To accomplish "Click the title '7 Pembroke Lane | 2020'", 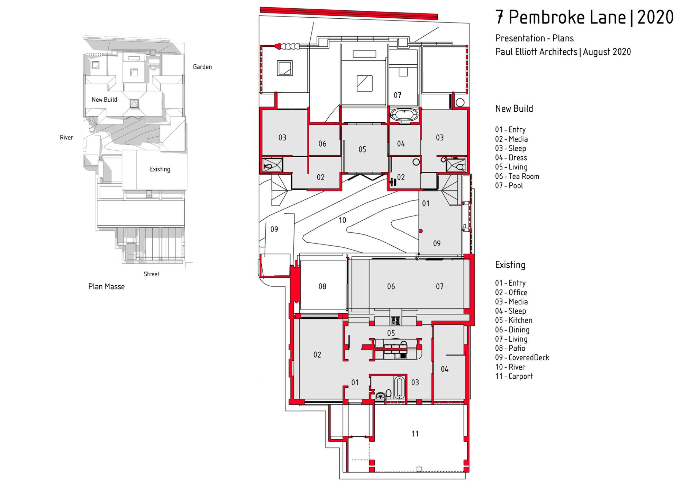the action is coord(584,17).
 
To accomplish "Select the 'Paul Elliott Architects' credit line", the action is coord(536,52).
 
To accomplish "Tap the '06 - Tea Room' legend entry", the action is coord(517,176).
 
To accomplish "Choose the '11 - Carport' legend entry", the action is coord(514,376).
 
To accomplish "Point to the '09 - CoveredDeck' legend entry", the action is coord(522,358).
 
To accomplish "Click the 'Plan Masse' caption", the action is coord(106,287).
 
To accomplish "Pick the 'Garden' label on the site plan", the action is coord(202,67).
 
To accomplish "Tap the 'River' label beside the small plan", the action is coord(66,138).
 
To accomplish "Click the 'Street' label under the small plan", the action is coord(152,274).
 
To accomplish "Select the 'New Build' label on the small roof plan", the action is coord(104,100).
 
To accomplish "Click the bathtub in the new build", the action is coord(404,115).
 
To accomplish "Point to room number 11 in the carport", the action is coord(415,434).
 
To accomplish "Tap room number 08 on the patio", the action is coord(322,286).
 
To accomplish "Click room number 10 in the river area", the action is coord(342,220).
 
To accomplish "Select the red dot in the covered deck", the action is coord(421,231).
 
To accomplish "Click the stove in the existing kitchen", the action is coord(395,321).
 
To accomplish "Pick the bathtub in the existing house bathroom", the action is coord(399,388).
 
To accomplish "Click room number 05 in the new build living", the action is coord(362,150).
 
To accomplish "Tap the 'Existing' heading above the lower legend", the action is coord(510,265).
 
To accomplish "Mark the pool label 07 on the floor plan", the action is coord(398,95).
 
